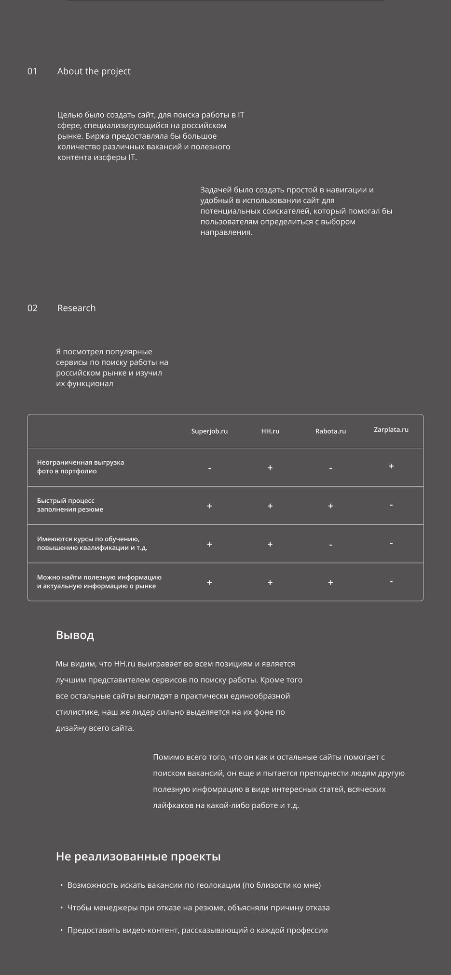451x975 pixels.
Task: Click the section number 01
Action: (x=32, y=71)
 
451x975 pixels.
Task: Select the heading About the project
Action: (x=94, y=71)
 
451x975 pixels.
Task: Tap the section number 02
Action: (x=32, y=308)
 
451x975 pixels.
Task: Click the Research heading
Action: (x=76, y=308)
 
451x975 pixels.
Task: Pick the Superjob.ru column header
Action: (x=209, y=431)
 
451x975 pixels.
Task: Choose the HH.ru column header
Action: (x=270, y=431)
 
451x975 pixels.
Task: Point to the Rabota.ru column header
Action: (x=330, y=431)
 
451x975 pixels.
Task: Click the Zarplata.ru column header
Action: (x=391, y=429)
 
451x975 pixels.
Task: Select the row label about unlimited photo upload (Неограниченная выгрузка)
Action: (x=81, y=467)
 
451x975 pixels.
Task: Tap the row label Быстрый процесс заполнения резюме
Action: (x=70, y=505)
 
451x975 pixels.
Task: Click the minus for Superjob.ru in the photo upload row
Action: (x=209, y=468)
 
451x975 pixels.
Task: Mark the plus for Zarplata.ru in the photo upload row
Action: (x=391, y=466)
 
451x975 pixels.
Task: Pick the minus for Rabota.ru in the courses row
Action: (x=330, y=545)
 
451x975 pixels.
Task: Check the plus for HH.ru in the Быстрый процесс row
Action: (x=270, y=506)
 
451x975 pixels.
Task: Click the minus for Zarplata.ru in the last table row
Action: (x=391, y=581)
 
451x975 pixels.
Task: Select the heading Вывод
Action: (x=75, y=635)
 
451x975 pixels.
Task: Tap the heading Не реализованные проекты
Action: (x=138, y=856)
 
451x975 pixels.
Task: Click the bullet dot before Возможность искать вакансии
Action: (x=61, y=885)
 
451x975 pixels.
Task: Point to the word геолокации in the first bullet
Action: (x=216, y=885)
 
